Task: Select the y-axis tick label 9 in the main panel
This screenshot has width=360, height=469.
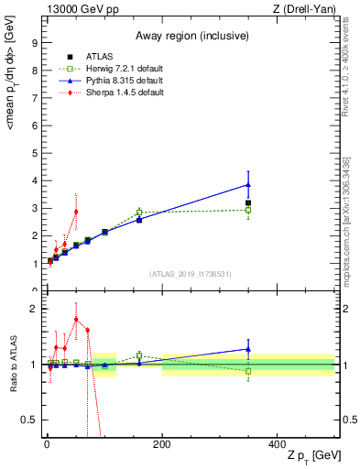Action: (34, 42)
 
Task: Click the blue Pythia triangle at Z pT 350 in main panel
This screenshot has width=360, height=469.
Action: (248, 184)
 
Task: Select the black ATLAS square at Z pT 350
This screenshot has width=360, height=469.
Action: (248, 202)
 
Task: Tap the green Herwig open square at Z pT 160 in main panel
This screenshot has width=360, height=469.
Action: (139, 213)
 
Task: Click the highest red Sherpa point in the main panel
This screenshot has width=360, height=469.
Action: (76, 212)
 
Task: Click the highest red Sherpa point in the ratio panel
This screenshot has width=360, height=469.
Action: (76, 320)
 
